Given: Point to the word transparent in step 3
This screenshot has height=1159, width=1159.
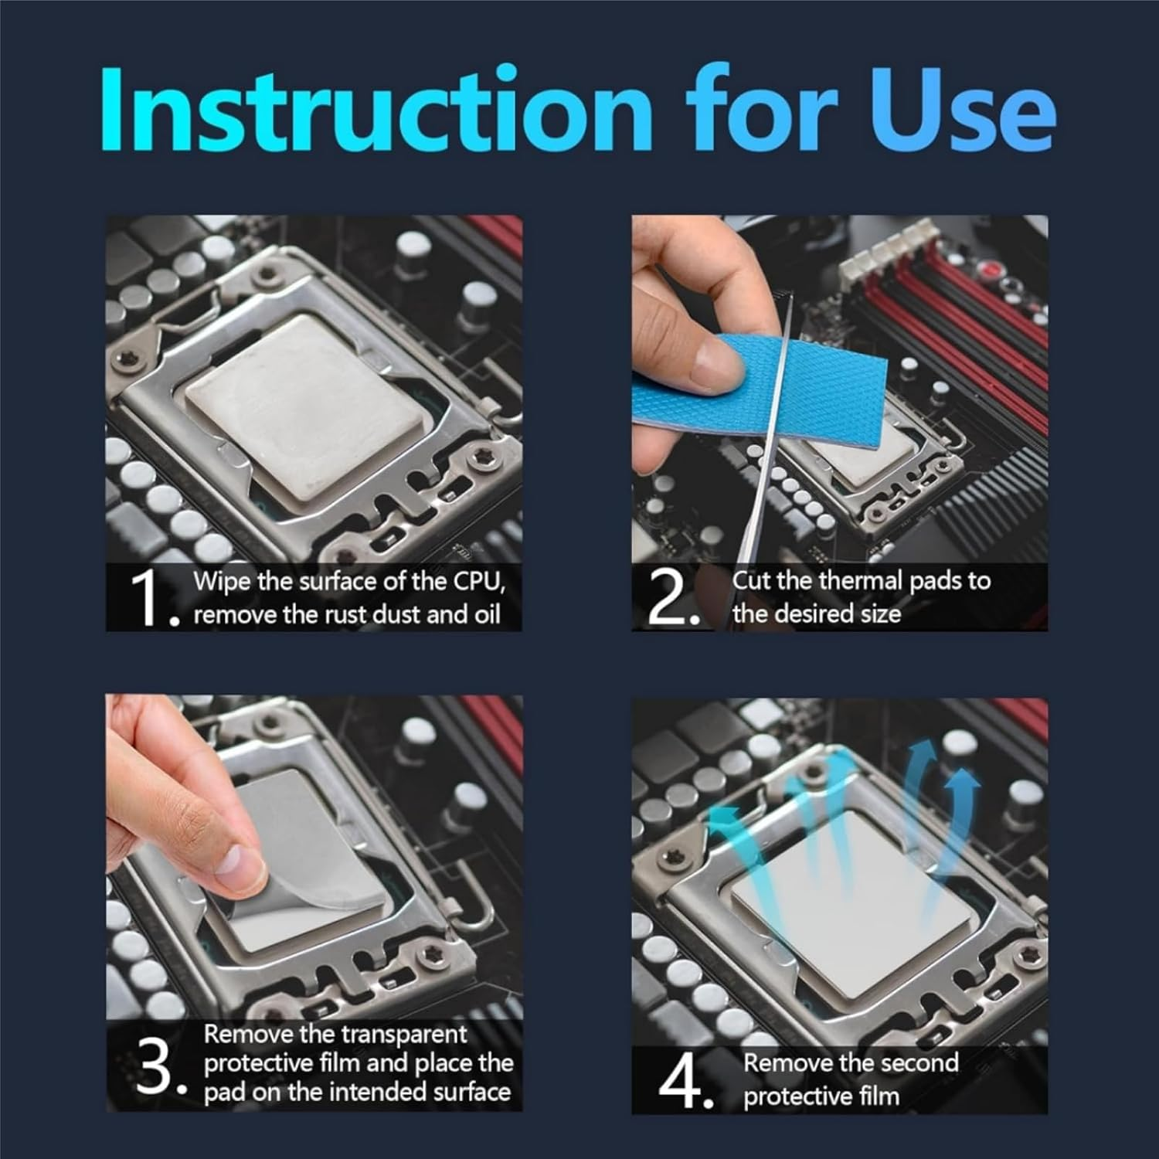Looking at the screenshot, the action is (x=403, y=1034).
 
